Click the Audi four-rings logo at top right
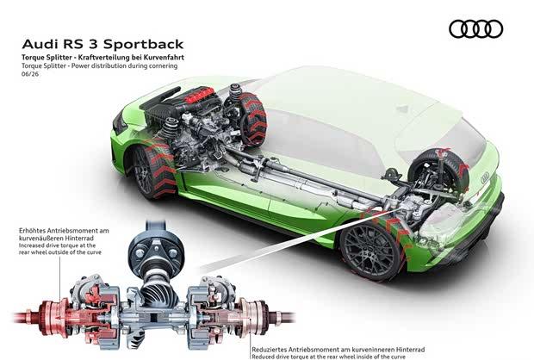(x=475, y=28)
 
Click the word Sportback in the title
(x=143, y=44)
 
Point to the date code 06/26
(x=30, y=73)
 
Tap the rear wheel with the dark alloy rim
(x=371, y=251)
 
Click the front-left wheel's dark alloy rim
(x=144, y=172)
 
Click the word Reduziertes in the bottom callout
(x=270, y=350)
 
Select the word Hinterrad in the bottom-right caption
(x=411, y=350)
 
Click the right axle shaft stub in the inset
(x=282, y=318)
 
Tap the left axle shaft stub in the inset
(x=27, y=318)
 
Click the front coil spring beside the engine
(x=169, y=128)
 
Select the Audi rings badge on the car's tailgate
(x=485, y=177)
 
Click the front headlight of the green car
(x=119, y=124)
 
